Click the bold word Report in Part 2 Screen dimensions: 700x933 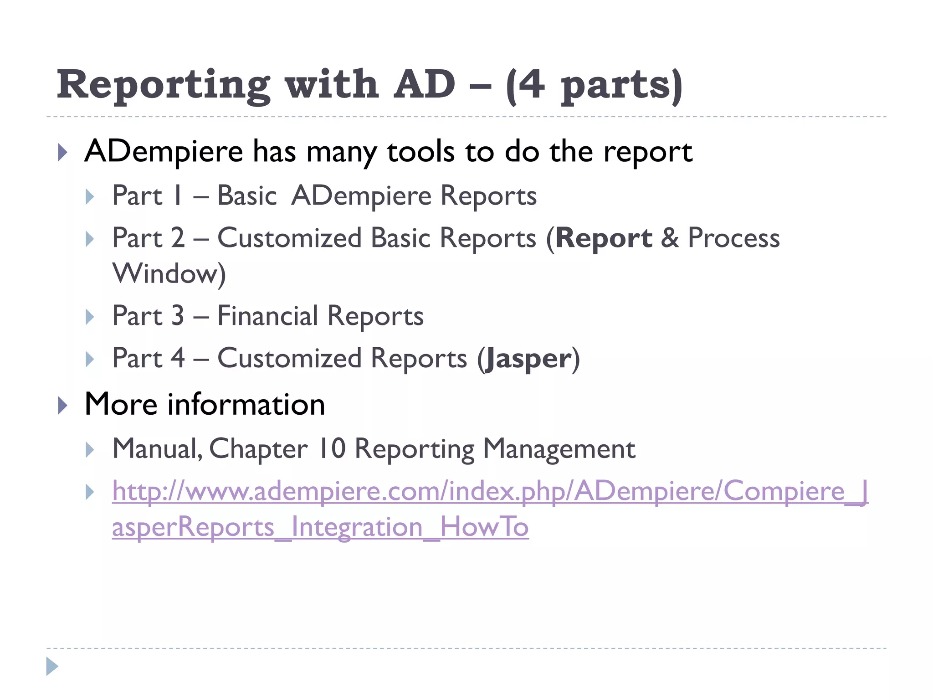(604, 238)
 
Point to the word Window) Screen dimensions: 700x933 (169, 273)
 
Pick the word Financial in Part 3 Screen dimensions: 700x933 (268, 316)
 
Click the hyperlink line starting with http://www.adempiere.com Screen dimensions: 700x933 (490, 491)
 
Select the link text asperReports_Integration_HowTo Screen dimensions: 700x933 (320, 527)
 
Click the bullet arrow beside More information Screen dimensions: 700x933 (63, 405)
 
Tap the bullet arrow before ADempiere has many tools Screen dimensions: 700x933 (63, 152)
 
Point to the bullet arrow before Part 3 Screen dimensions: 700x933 (90, 317)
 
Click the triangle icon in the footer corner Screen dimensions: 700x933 (52, 666)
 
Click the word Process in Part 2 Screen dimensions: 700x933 (733, 238)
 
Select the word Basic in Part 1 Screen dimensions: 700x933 (247, 196)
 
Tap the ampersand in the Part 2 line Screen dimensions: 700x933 (670, 238)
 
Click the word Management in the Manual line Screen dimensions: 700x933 (559, 449)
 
